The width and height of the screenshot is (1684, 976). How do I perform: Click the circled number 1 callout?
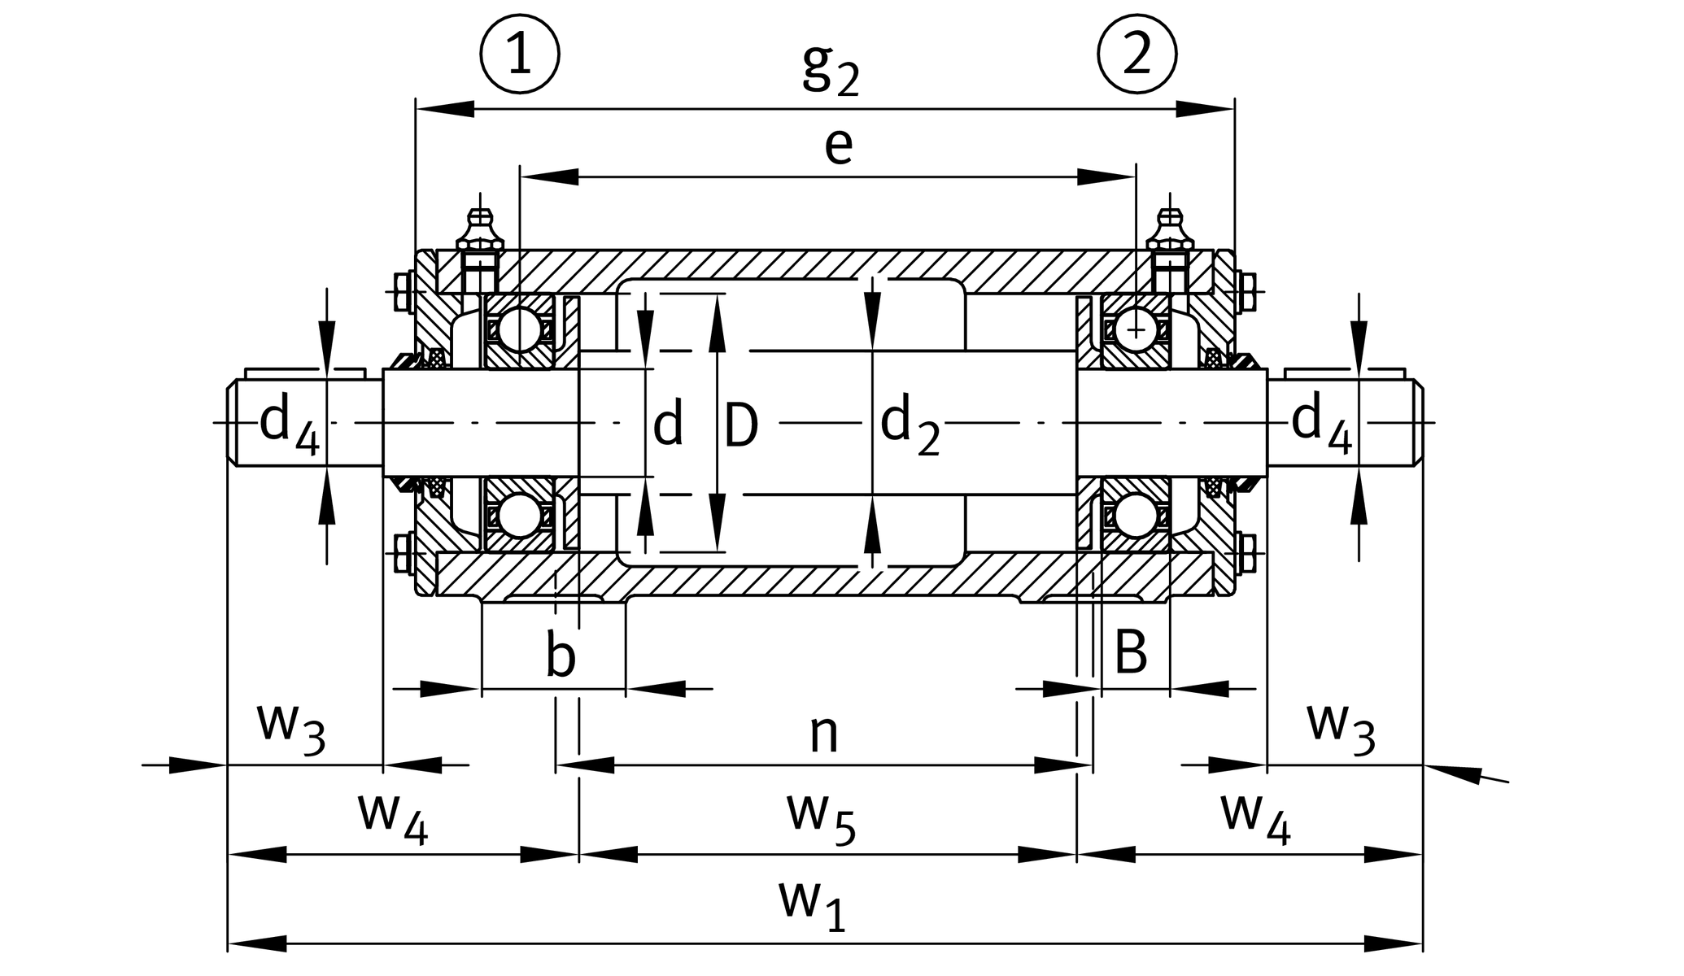[520, 55]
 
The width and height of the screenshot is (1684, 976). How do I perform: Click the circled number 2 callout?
[1137, 55]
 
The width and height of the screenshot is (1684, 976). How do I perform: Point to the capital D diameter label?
[741, 425]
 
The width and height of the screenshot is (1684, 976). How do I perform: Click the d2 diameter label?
[910, 425]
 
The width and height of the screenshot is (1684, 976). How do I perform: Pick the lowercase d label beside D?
[668, 424]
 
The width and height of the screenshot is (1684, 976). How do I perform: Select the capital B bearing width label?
[1131, 651]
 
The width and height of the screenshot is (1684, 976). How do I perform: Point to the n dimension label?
[823, 734]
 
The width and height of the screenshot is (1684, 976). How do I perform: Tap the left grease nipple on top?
[480, 231]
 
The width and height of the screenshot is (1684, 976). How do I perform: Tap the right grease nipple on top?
[1170, 231]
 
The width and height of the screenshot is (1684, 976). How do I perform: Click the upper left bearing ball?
[520, 330]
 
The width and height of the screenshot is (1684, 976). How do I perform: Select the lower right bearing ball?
[1136, 516]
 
